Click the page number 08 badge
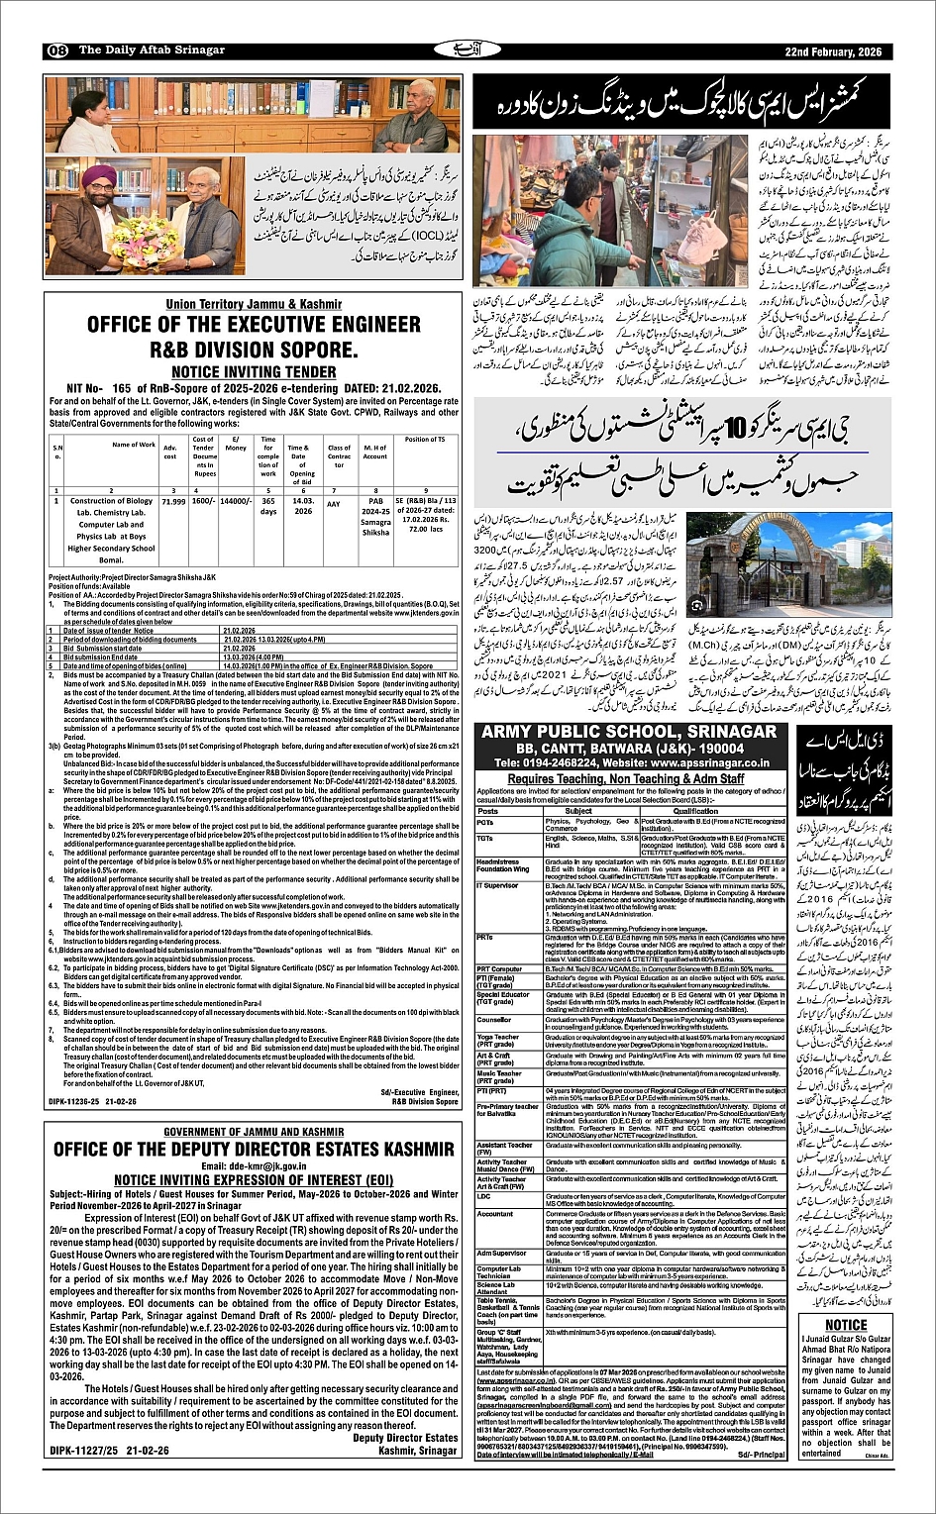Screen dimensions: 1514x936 coord(56,50)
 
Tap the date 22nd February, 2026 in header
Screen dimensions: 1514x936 coord(838,50)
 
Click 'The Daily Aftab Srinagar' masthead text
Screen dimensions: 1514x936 coord(152,50)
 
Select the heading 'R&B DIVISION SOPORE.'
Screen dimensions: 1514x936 coord(253,350)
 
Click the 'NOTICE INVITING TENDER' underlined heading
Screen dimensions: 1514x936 coord(253,371)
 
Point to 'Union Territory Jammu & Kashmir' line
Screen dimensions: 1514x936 coord(253,303)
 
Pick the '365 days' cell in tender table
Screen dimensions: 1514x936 coord(268,507)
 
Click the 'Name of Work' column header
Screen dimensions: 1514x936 coord(134,445)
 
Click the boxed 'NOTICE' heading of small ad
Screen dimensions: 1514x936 coord(846,1325)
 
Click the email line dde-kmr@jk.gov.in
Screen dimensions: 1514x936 coord(253,1166)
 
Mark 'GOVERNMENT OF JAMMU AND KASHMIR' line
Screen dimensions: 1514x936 coord(253,1132)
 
